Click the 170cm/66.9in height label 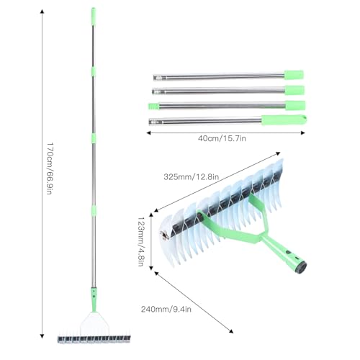[50, 168]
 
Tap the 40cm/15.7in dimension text [222, 138]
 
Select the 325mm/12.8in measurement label [192, 177]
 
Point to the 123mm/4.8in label [140, 242]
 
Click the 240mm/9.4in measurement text [166, 309]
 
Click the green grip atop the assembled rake [93, 17]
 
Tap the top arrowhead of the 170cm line [42, 12]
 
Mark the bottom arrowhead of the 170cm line [42, 336]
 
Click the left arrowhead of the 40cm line [149, 132]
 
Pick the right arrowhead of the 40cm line [302, 132]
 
